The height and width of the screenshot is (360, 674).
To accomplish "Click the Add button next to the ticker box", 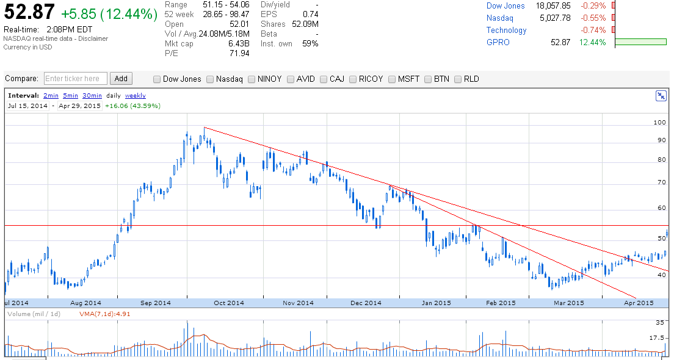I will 121,79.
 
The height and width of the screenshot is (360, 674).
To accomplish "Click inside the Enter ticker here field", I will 76,79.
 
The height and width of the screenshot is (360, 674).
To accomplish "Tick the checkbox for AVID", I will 291,79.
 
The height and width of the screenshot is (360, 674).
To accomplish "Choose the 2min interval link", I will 51,96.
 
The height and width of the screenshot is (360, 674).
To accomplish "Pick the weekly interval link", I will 135,96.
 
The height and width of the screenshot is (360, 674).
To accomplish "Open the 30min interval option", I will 92,96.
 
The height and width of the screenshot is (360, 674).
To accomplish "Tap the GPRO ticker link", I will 498,42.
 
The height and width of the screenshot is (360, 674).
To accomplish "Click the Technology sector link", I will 506,30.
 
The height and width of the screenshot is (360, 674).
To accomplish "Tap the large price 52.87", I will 29,12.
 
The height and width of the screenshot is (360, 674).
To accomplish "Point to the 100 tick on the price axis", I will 659,123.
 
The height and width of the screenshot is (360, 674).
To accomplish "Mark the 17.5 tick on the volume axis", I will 657,338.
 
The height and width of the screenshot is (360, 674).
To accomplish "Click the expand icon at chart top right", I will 661,96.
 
